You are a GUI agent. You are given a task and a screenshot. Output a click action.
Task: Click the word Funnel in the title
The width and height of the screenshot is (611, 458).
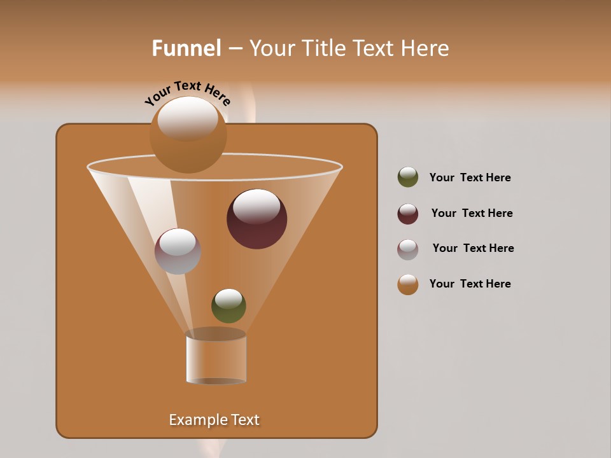pyautogui.click(x=186, y=48)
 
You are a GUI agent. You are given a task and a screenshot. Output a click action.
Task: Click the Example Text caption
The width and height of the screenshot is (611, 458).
pyautogui.click(x=214, y=420)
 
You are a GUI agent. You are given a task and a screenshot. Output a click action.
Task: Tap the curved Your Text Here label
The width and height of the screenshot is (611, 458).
pyautogui.click(x=187, y=92)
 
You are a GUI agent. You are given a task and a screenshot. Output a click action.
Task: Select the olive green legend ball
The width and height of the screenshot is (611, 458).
pyautogui.click(x=408, y=177)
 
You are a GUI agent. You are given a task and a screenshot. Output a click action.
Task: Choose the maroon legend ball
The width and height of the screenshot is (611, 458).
pyautogui.click(x=408, y=214)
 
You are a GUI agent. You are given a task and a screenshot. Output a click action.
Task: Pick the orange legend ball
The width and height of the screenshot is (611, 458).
pyautogui.click(x=408, y=284)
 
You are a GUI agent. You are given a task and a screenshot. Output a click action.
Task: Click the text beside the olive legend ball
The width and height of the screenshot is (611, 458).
pyautogui.click(x=470, y=177)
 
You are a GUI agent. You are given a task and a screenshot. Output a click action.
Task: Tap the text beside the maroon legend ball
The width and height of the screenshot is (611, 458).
pyautogui.click(x=472, y=213)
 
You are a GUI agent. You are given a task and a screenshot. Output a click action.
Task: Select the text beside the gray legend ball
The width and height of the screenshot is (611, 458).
pyautogui.click(x=473, y=248)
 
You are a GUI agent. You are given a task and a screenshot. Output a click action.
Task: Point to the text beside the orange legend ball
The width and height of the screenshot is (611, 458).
pyautogui.click(x=470, y=284)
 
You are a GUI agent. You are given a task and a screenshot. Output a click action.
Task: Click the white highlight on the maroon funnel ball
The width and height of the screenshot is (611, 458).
pyautogui.click(x=256, y=207)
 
